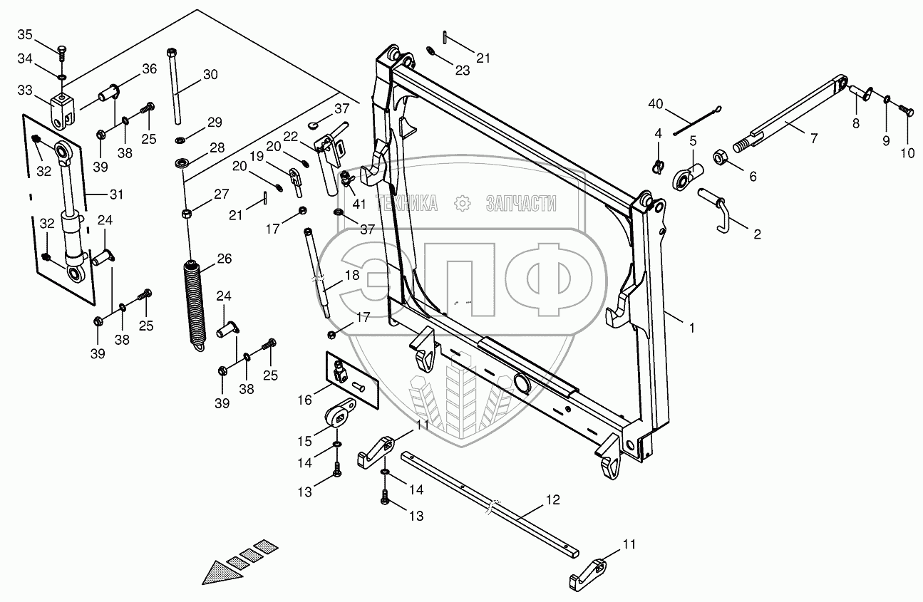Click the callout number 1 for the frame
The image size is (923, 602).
[x=691, y=328]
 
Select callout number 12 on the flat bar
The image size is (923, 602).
[x=553, y=500]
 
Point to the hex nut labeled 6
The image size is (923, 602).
[x=720, y=156]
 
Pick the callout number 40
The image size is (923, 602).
[x=655, y=105]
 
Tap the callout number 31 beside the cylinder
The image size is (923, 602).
[x=116, y=194]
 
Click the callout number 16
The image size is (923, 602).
[x=305, y=400]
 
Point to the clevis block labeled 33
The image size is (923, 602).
[x=62, y=108]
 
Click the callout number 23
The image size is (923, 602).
[x=463, y=71]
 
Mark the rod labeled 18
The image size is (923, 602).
[x=319, y=274]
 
